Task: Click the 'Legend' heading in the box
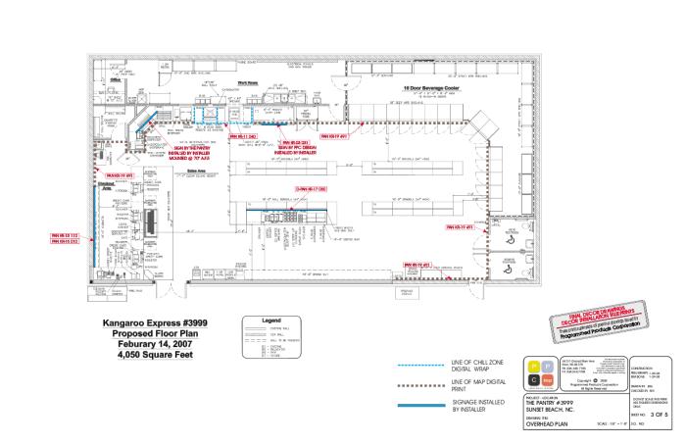pos(272,321)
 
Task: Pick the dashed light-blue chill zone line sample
pos(428,366)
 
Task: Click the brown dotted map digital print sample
pos(428,381)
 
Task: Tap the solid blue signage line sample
pos(428,401)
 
